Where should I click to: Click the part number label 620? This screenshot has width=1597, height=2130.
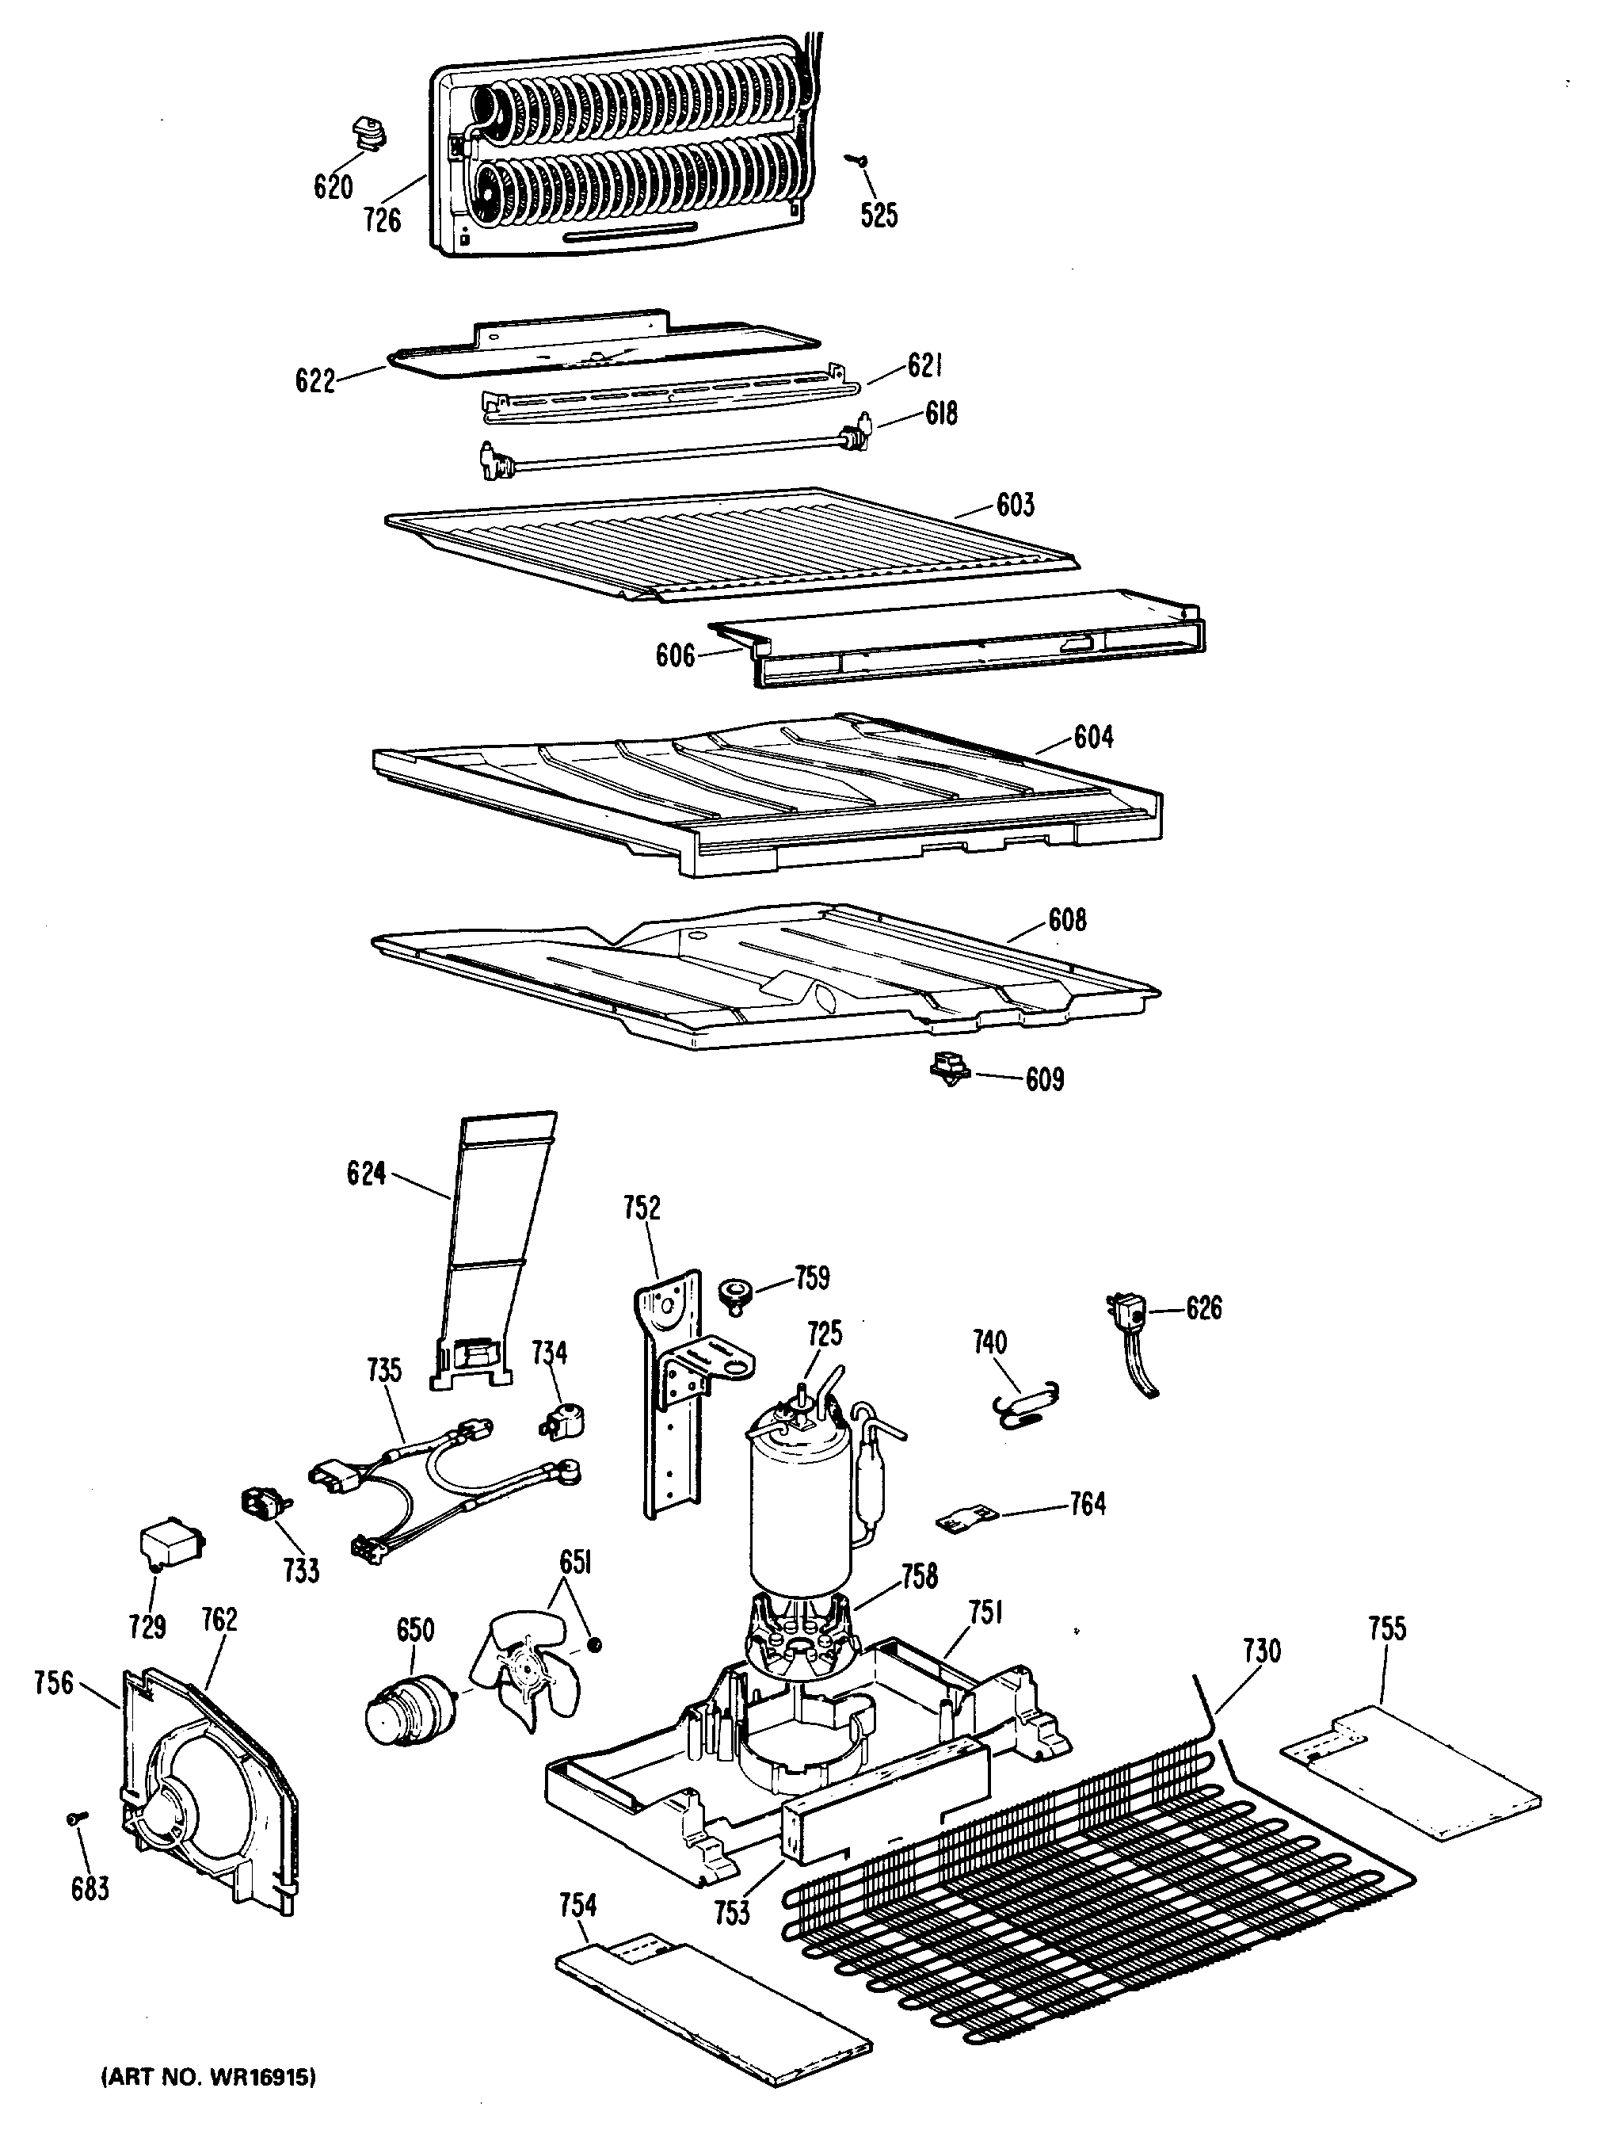[333, 186]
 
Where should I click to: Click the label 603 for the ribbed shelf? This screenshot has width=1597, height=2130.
[1015, 504]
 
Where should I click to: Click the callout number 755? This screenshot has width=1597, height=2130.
[1387, 1628]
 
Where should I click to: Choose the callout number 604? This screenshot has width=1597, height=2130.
[1092, 737]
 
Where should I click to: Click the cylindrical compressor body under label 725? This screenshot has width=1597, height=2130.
[800, 1521]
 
